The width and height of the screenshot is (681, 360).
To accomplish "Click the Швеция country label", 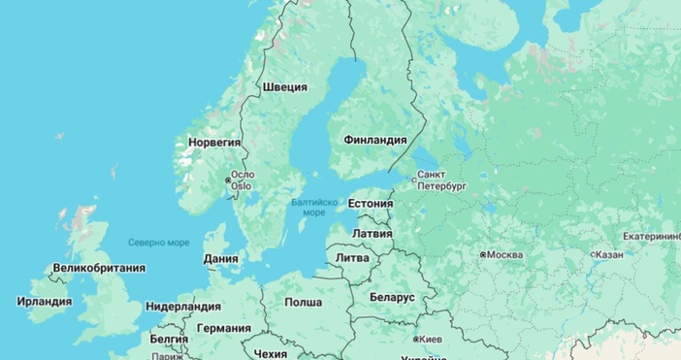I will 284,87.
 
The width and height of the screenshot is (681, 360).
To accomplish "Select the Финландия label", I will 374,140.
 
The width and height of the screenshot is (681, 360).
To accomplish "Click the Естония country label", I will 370,205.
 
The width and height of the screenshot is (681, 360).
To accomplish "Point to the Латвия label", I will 372,234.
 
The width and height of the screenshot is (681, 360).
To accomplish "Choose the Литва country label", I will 351,258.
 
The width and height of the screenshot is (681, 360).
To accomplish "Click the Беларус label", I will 392,296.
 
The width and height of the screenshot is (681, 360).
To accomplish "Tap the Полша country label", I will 303,303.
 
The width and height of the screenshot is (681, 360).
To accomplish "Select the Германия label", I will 224,328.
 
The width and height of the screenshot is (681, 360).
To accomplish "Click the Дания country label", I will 221,259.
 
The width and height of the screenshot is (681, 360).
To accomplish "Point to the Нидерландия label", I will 183,306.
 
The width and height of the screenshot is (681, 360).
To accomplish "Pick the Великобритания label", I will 99,268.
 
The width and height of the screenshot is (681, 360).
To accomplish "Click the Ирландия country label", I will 45,302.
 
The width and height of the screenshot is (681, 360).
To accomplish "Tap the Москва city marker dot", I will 483,254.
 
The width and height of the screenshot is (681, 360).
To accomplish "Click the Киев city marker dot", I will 416,341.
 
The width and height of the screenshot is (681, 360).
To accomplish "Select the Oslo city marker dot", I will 229,180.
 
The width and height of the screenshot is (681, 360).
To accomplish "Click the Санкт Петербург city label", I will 441,180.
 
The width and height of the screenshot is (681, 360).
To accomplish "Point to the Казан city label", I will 609,254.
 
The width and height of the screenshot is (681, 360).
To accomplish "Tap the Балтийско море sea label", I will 314,207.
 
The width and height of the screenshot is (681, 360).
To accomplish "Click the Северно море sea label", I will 159,242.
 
